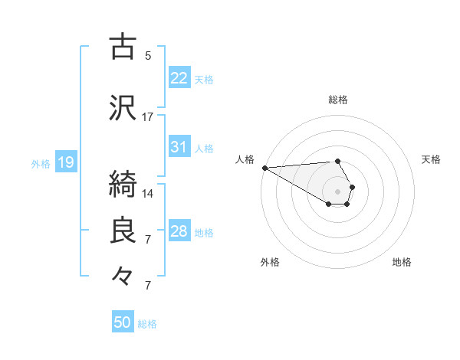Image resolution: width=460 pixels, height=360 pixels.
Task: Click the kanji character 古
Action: coord(123,47)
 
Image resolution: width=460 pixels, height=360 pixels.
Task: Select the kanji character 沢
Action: coord(123,108)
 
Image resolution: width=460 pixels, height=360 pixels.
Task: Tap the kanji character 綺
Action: coord(123,183)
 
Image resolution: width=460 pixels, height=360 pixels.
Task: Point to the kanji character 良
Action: coord(123,231)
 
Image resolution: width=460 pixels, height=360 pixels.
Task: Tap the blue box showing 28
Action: coord(179,231)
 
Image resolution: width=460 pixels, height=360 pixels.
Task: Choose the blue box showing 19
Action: coord(65,162)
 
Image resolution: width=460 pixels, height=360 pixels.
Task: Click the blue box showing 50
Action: coord(123,322)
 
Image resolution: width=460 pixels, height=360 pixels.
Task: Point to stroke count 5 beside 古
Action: coord(148,56)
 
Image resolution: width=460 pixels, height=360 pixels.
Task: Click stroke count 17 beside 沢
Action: coord(148,117)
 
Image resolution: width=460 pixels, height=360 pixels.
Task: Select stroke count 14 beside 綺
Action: coord(148,193)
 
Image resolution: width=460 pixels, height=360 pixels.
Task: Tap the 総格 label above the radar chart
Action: coord(338,100)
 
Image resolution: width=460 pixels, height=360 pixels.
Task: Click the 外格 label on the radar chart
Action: coord(270,262)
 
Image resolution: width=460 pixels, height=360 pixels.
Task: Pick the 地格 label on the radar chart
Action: coord(402,262)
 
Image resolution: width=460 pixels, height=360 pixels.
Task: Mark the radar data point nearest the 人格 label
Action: coord(264,168)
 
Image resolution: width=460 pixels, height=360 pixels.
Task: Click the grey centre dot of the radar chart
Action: coord(337,191)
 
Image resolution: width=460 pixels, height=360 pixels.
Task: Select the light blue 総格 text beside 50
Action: coord(147,324)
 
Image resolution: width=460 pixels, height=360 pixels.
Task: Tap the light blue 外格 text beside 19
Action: coord(41,163)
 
